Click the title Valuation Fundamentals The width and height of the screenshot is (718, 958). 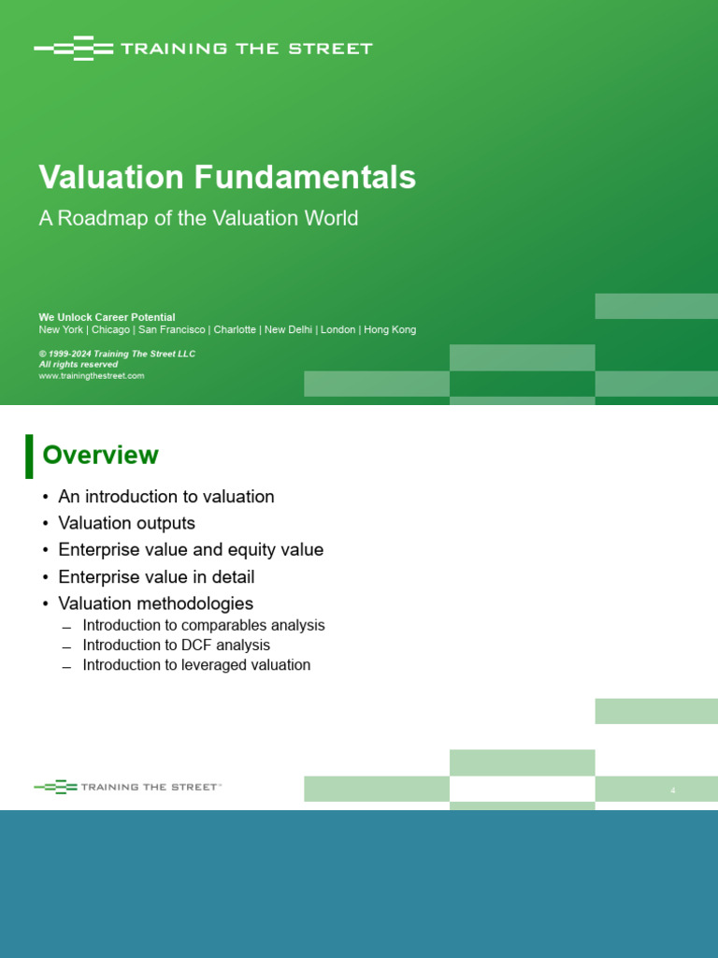tap(227, 177)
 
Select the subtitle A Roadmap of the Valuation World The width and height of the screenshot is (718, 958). tap(198, 218)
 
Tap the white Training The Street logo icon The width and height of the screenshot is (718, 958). tap(74, 49)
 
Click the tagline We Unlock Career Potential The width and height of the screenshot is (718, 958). tap(107, 317)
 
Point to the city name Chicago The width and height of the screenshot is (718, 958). tap(110, 330)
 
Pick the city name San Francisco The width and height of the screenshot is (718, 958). tap(172, 330)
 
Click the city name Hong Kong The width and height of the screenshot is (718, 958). tap(390, 330)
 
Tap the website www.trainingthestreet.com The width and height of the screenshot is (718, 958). tap(92, 376)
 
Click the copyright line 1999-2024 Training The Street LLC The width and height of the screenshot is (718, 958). tap(117, 354)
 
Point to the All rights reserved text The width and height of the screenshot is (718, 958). tap(79, 364)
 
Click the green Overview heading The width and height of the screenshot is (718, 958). tap(101, 456)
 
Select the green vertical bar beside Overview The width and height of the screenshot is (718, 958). tap(29, 457)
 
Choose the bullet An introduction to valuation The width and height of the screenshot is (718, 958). tap(166, 497)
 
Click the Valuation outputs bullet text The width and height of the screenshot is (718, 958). tap(127, 524)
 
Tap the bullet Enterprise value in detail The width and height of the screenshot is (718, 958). tap(156, 576)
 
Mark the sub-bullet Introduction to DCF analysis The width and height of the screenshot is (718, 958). tap(177, 646)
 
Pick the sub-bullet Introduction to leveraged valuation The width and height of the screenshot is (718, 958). tap(196, 665)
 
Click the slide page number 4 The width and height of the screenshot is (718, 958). tap(673, 791)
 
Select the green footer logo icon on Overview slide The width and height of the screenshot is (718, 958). tap(55, 787)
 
